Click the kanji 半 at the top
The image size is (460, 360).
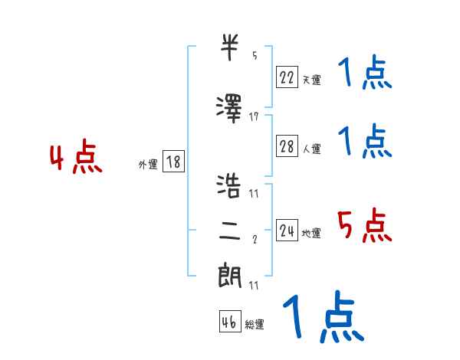pos(230,48)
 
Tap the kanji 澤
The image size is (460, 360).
pos(230,106)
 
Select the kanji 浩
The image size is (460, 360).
pos(230,185)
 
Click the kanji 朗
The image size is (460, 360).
pos(230,275)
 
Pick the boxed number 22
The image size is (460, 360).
pos(287,77)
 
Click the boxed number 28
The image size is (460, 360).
pos(287,147)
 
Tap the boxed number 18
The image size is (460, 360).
pos(173,162)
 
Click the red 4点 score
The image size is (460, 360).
pos(75,159)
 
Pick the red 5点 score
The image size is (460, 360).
pos(365,225)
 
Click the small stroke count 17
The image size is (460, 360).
pos(254,116)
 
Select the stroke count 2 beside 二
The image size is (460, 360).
pos(255,240)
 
